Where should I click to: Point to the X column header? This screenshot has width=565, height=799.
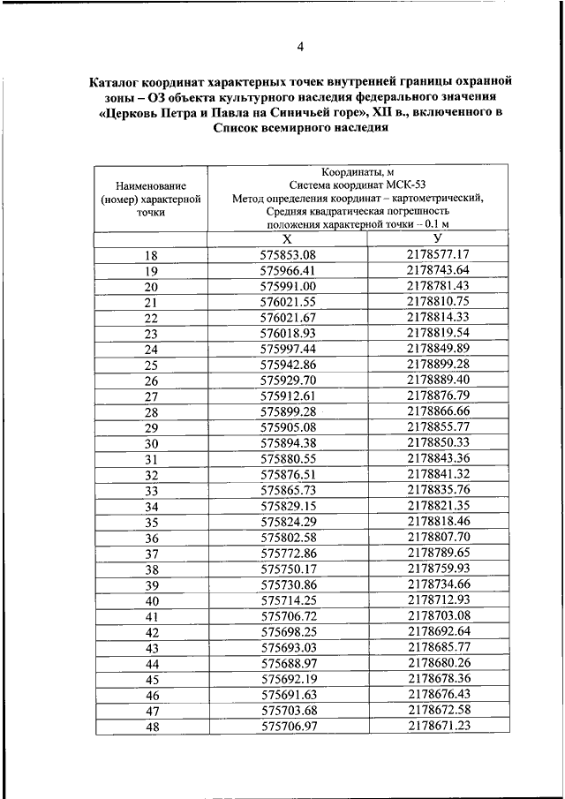(287, 239)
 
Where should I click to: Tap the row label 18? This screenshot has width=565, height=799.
(151, 255)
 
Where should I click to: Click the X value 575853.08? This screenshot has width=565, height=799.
(288, 255)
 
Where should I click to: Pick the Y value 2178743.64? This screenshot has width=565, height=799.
(438, 270)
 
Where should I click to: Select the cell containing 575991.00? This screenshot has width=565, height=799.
(288, 286)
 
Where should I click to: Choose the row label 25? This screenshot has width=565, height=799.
(151, 365)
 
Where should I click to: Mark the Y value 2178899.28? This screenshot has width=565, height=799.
(438, 365)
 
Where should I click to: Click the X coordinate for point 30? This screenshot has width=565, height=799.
(288, 442)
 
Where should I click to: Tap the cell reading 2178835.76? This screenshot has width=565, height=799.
(438, 489)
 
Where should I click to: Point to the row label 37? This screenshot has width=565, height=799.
(151, 553)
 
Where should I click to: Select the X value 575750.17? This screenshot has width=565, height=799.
(288, 569)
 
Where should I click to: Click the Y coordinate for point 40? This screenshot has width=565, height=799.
(438, 600)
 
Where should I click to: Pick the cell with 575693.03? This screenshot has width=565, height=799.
(288, 647)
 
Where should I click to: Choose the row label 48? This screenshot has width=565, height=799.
(151, 726)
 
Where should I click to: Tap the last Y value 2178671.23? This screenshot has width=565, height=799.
(438, 726)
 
